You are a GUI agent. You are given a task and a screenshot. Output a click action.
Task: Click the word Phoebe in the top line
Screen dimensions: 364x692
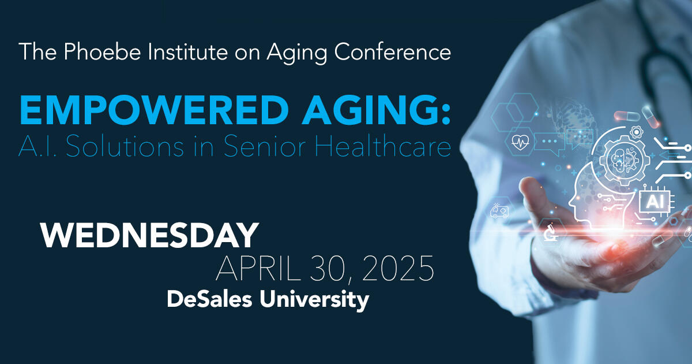click(x=91, y=52)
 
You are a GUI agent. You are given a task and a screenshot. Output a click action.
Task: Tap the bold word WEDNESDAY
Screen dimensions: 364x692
click(x=149, y=236)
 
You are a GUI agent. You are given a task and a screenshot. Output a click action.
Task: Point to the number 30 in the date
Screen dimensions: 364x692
click(x=329, y=269)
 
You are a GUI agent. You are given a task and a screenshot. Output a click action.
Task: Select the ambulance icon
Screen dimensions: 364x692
click(x=498, y=210)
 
